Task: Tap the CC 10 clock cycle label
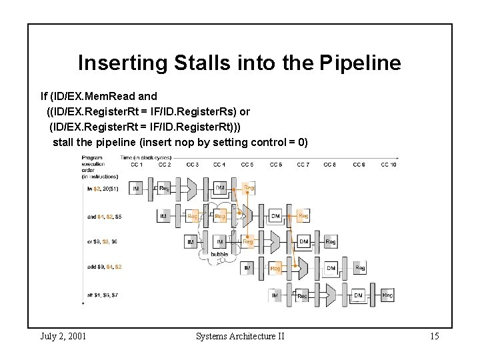[x=388, y=165]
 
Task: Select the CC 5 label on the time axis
[x=247, y=165]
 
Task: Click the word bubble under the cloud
[x=219, y=254]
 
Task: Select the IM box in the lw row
[x=136, y=189]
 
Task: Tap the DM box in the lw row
[x=220, y=189]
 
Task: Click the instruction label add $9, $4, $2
[x=104, y=267]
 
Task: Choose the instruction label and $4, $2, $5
[x=104, y=217]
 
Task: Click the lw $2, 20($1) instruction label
[x=103, y=189]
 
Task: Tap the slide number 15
[x=434, y=336]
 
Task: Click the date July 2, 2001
[x=63, y=336]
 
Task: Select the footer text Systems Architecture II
[x=240, y=336]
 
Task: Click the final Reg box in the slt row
[x=387, y=295]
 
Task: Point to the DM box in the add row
[x=331, y=268]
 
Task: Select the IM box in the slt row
[x=275, y=295]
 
